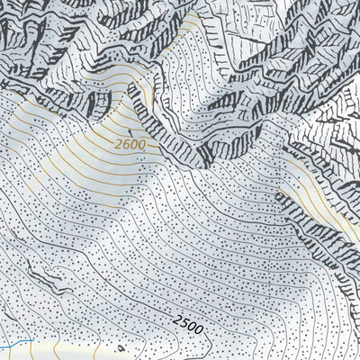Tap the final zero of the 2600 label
click(x=142, y=144)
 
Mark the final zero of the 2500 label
click(x=199, y=325)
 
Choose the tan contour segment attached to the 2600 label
click(x=155, y=146)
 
